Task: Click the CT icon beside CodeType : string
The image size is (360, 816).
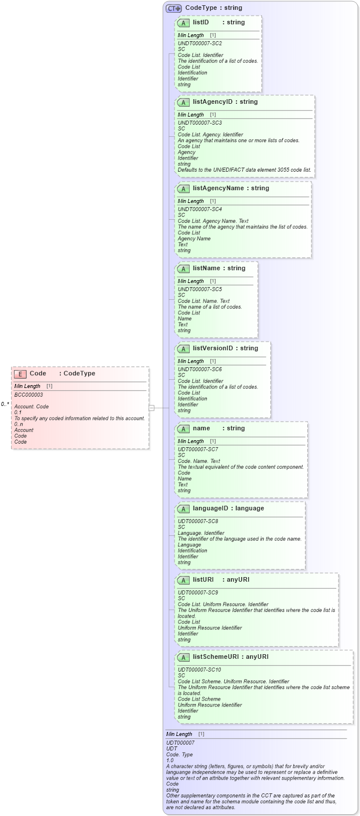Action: point(173,8)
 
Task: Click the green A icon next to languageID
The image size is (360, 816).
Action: point(184,509)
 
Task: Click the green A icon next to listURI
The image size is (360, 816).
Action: point(184,579)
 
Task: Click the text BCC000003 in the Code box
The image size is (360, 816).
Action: point(28,395)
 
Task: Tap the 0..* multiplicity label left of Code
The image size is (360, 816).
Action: point(5,404)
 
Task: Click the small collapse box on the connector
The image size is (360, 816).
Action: point(151,408)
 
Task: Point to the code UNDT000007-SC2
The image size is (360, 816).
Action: point(199,43)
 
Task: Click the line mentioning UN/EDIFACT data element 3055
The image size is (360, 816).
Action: point(244,170)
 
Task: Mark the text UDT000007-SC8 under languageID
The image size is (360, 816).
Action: point(198,521)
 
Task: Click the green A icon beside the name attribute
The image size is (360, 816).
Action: point(184,429)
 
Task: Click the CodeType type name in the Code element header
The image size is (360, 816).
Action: point(79,373)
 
